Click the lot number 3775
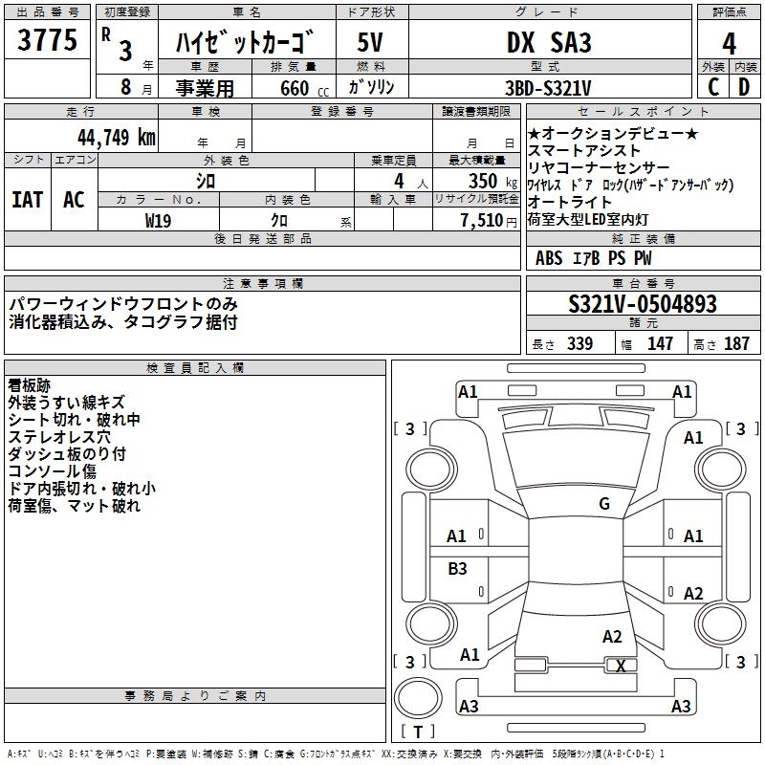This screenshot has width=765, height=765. [x=48, y=42]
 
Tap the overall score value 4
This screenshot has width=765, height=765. [x=729, y=44]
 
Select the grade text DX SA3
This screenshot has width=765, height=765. [x=549, y=43]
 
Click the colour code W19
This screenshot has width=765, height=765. [x=159, y=220]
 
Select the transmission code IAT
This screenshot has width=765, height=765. [x=27, y=200]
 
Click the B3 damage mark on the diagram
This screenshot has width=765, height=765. [x=458, y=569]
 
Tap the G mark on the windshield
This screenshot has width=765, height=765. [x=603, y=504]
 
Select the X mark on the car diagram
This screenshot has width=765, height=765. [x=621, y=667]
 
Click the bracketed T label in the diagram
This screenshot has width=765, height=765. [x=418, y=732]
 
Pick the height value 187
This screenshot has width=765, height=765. [x=736, y=344]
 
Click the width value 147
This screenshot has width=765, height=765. [x=660, y=344]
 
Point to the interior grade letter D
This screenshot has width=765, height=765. [x=744, y=87]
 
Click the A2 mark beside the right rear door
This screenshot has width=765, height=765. [x=693, y=594]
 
